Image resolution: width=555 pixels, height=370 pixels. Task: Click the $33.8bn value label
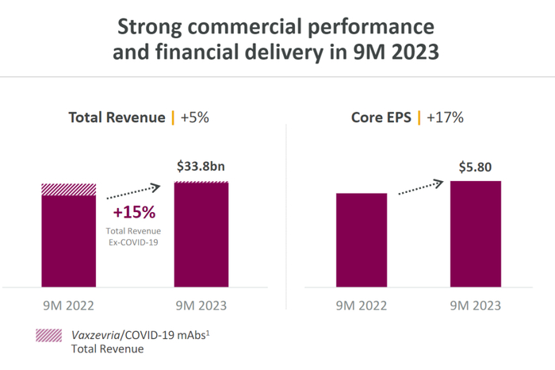tap(201, 167)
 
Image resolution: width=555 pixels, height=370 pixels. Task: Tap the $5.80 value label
tap(476, 167)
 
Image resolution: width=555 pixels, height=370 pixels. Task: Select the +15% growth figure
tap(134, 213)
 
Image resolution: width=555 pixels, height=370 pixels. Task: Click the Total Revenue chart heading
tap(117, 118)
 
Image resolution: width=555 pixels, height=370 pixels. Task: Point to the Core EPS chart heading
tap(382, 118)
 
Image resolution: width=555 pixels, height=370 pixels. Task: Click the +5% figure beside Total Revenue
tap(195, 118)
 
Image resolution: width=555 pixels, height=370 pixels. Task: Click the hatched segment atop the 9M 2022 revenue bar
tap(69, 189)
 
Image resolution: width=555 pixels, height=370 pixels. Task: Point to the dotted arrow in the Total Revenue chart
tap(135, 191)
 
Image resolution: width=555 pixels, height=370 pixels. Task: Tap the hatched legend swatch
tap(49, 335)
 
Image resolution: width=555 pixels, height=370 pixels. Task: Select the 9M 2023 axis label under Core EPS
tap(476, 306)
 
